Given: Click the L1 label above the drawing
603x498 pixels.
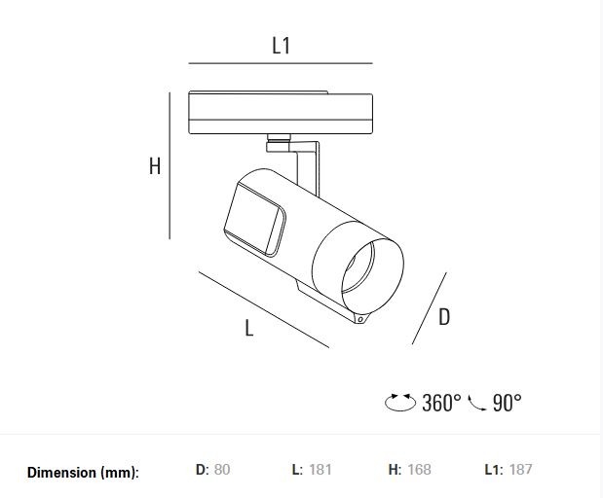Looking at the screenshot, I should click(281, 45).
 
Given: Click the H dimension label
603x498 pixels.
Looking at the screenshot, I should click(154, 167).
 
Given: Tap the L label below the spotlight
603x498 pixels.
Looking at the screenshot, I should click(249, 329).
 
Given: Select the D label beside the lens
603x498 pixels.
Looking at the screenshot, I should click(443, 316).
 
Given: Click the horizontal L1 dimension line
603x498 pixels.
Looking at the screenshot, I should click(281, 63).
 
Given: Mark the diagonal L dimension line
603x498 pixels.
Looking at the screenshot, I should click(263, 308).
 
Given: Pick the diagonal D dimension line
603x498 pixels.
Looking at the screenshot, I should click(429, 307).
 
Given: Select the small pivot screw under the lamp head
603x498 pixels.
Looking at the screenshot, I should click(361, 318).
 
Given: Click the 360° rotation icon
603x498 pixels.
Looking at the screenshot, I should click(401, 403).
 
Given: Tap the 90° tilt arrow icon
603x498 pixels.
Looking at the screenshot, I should click(477, 403).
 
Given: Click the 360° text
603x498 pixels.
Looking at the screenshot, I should click(441, 403).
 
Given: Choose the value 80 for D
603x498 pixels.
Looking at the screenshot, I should click(222, 470).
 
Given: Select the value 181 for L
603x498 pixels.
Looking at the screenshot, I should click(320, 470).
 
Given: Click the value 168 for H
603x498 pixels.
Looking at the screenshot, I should click(419, 470).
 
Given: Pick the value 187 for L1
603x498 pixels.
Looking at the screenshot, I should click(521, 470).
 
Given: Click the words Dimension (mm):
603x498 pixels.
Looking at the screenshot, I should click(83, 473).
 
